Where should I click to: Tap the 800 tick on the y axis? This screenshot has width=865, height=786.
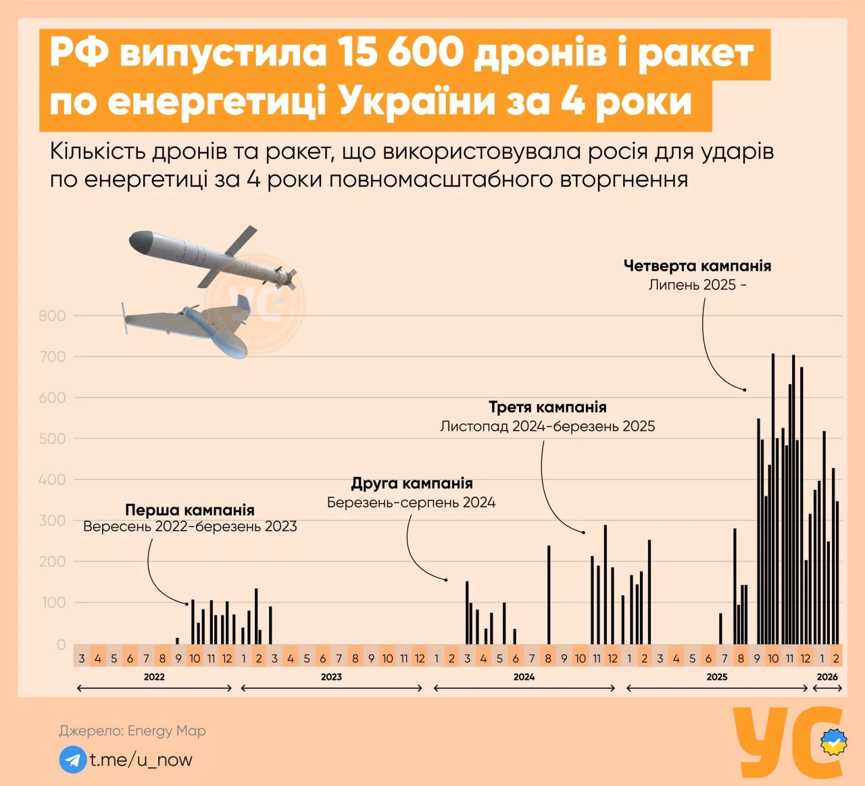click(x=52, y=316)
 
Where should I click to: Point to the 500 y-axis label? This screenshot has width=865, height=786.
click(x=52, y=439)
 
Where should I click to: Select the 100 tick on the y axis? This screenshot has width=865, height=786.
click(x=54, y=603)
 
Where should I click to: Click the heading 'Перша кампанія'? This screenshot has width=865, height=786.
click(x=190, y=509)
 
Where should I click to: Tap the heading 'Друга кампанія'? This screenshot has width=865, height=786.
click(x=412, y=483)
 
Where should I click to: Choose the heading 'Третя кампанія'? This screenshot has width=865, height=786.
click(x=547, y=407)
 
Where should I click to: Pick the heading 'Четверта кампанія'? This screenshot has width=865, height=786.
click(x=697, y=266)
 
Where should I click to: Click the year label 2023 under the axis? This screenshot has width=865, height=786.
click(x=331, y=676)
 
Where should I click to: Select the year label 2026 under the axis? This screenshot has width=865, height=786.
click(x=827, y=676)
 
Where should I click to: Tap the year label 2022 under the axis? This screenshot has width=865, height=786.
click(x=154, y=676)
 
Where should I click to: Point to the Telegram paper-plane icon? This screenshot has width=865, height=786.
click(x=72, y=760)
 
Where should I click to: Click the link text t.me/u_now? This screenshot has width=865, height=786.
click(x=141, y=760)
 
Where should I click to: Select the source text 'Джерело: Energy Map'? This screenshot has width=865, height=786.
click(x=132, y=731)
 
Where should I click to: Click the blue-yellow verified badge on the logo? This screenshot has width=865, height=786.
click(x=835, y=743)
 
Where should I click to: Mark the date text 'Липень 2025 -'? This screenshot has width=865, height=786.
click(x=697, y=285)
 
